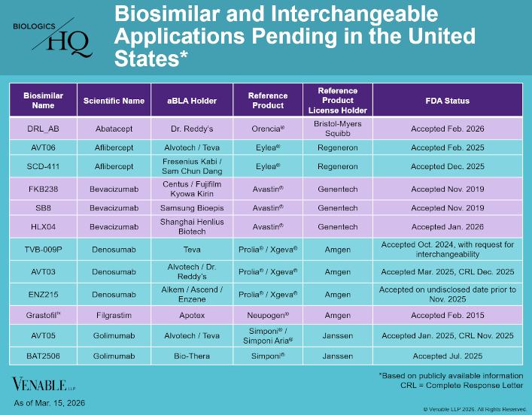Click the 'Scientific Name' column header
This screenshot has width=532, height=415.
click(x=114, y=101)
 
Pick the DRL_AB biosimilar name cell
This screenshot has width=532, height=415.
click(x=43, y=129)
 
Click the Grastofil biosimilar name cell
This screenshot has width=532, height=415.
click(x=43, y=315)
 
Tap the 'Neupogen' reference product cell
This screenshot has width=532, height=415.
click(x=268, y=315)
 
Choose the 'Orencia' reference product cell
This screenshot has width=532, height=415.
click(x=268, y=129)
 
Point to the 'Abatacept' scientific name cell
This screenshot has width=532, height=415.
click(x=114, y=129)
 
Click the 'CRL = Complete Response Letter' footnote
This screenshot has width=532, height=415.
click(x=461, y=386)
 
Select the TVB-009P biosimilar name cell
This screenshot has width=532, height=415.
click(x=43, y=250)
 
